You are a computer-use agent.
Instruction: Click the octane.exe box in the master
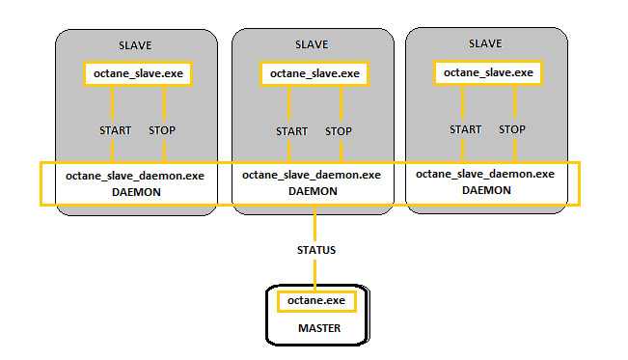tap(316, 301)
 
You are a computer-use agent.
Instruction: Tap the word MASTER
tap(317, 329)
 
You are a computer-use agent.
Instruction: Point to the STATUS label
tap(316, 250)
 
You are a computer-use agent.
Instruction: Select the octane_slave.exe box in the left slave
tap(134, 73)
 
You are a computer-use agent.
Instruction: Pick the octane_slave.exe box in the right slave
tap(485, 72)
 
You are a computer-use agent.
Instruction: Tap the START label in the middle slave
tap(291, 131)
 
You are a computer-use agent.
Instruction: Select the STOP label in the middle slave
tap(339, 131)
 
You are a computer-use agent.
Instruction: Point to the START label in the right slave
tap(465, 129)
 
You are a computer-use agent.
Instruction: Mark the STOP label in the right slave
tap(512, 129)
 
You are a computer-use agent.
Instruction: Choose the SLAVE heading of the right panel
tap(485, 44)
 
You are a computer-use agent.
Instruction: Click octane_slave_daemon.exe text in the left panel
tap(134, 177)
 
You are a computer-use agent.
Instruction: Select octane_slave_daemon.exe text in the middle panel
tap(311, 176)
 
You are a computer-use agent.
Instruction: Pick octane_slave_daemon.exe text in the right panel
tap(485, 175)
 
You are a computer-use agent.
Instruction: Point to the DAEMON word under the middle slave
tap(311, 192)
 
